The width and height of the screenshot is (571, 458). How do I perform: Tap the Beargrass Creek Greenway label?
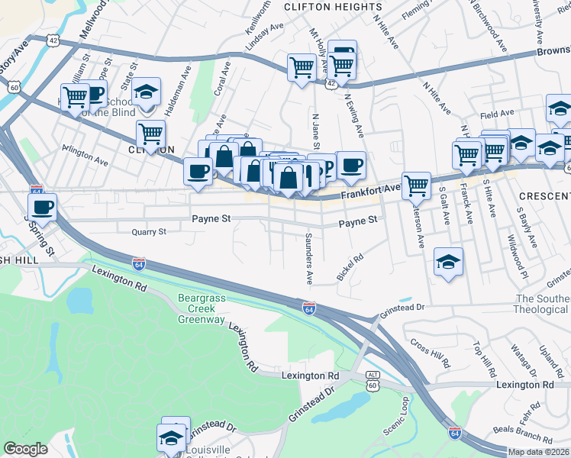(x=202, y=308)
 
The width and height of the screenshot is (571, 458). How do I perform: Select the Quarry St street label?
(x=148, y=231)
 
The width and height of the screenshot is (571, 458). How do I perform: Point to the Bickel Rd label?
(x=350, y=267)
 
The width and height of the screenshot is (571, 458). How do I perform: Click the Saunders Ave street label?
(x=309, y=258)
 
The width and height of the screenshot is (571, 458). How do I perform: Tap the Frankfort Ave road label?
(x=370, y=191)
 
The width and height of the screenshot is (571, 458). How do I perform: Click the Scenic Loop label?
(x=396, y=416)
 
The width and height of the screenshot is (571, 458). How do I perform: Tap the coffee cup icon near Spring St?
(x=43, y=206)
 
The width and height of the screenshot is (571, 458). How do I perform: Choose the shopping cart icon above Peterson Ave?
(x=416, y=184)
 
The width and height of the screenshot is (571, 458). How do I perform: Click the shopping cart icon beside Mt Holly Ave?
(x=302, y=67)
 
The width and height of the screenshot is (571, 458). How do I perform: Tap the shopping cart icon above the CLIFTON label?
(x=150, y=133)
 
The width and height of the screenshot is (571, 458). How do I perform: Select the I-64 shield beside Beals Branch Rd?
(x=454, y=432)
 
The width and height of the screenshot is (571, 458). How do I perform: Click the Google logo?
(x=25, y=450)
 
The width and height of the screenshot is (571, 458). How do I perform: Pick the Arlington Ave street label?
(x=85, y=161)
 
